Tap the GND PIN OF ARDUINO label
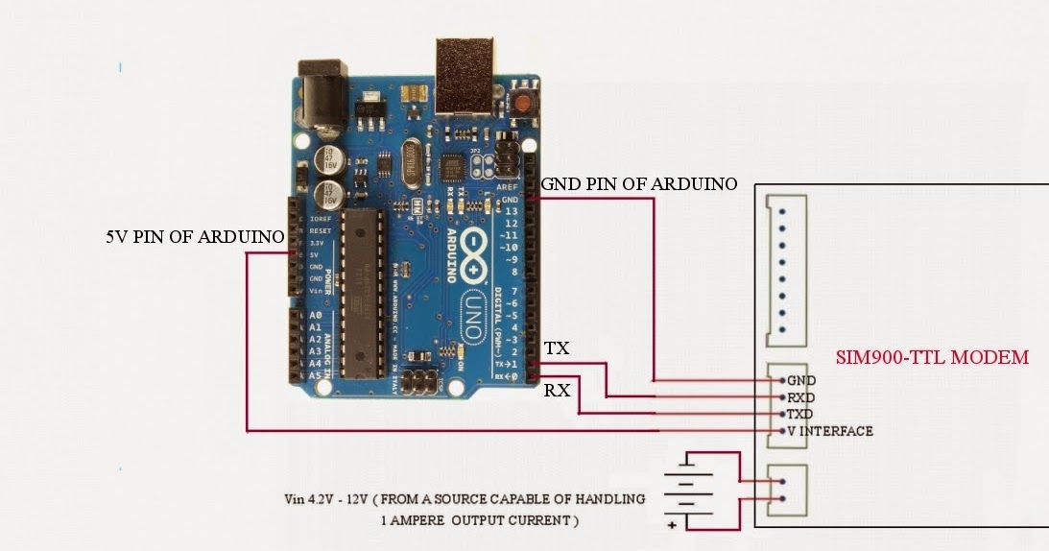pos(639,183)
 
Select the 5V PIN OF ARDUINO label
pos(195,236)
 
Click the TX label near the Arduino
pos(557,348)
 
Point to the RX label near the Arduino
pos(557,390)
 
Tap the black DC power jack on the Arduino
pos(322,96)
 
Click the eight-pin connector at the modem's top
pos(785,269)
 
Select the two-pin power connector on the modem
pos(785,489)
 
